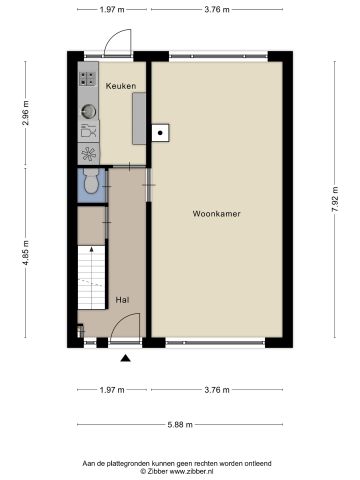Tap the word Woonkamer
pos(217,213)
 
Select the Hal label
pos(122,299)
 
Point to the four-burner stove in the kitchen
pos(88,73)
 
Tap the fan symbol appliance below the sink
pos(89,154)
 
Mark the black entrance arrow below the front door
pos(125,357)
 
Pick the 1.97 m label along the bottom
pos(112,390)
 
